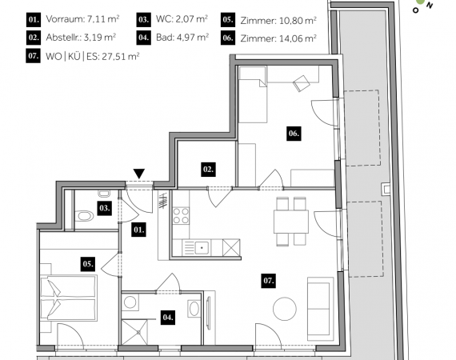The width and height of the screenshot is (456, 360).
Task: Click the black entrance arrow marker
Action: pyautogui.click(x=139, y=174)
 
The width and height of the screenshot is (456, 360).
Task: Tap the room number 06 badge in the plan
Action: pyautogui.click(x=294, y=134)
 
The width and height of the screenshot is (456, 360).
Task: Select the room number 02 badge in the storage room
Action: pyautogui.click(x=208, y=170)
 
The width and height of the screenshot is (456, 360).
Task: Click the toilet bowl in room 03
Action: pyautogui.click(x=85, y=216)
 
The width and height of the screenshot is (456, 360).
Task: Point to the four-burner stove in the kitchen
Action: pyautogui.click(x=181, y=215)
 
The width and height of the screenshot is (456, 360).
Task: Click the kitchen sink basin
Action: pyautogui.click(x=202, y=248)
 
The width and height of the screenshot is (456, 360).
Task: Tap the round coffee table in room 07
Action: pyautogui.click(x=285, y=309)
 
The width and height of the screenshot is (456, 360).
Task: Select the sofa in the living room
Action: pyautogui.click(x=321, y=309)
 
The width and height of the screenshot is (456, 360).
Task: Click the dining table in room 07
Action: pyautogui.click(x=291, y=222)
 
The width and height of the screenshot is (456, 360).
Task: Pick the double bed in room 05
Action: pyautogui.click(x=69, y=298)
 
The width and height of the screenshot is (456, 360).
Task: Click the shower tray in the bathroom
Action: pyautogui.click(x=134, y=332)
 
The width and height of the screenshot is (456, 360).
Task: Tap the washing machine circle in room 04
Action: pyautogui.click(x=130, y=302)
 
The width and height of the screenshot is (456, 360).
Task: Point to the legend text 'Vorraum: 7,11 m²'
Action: pyautogui.click(x=82, y=19)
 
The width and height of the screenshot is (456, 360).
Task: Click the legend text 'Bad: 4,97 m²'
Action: pyautogui.click(x=182, y=38)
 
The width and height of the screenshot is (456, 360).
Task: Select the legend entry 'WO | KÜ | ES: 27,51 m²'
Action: pyautogui.click(x=93, y=56)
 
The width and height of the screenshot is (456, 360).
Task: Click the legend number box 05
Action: pyautogui.click(x=228, y=20)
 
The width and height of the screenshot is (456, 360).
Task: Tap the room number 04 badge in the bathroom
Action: pyautogui.click(x=168, y=317)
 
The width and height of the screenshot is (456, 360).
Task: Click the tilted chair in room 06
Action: pyautogui.click(x=302, y=83)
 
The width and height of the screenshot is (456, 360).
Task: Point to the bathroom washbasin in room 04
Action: pyautogui.click(x=194, y=309)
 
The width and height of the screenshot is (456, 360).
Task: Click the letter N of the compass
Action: pyautogui.click(x=430, y=6)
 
